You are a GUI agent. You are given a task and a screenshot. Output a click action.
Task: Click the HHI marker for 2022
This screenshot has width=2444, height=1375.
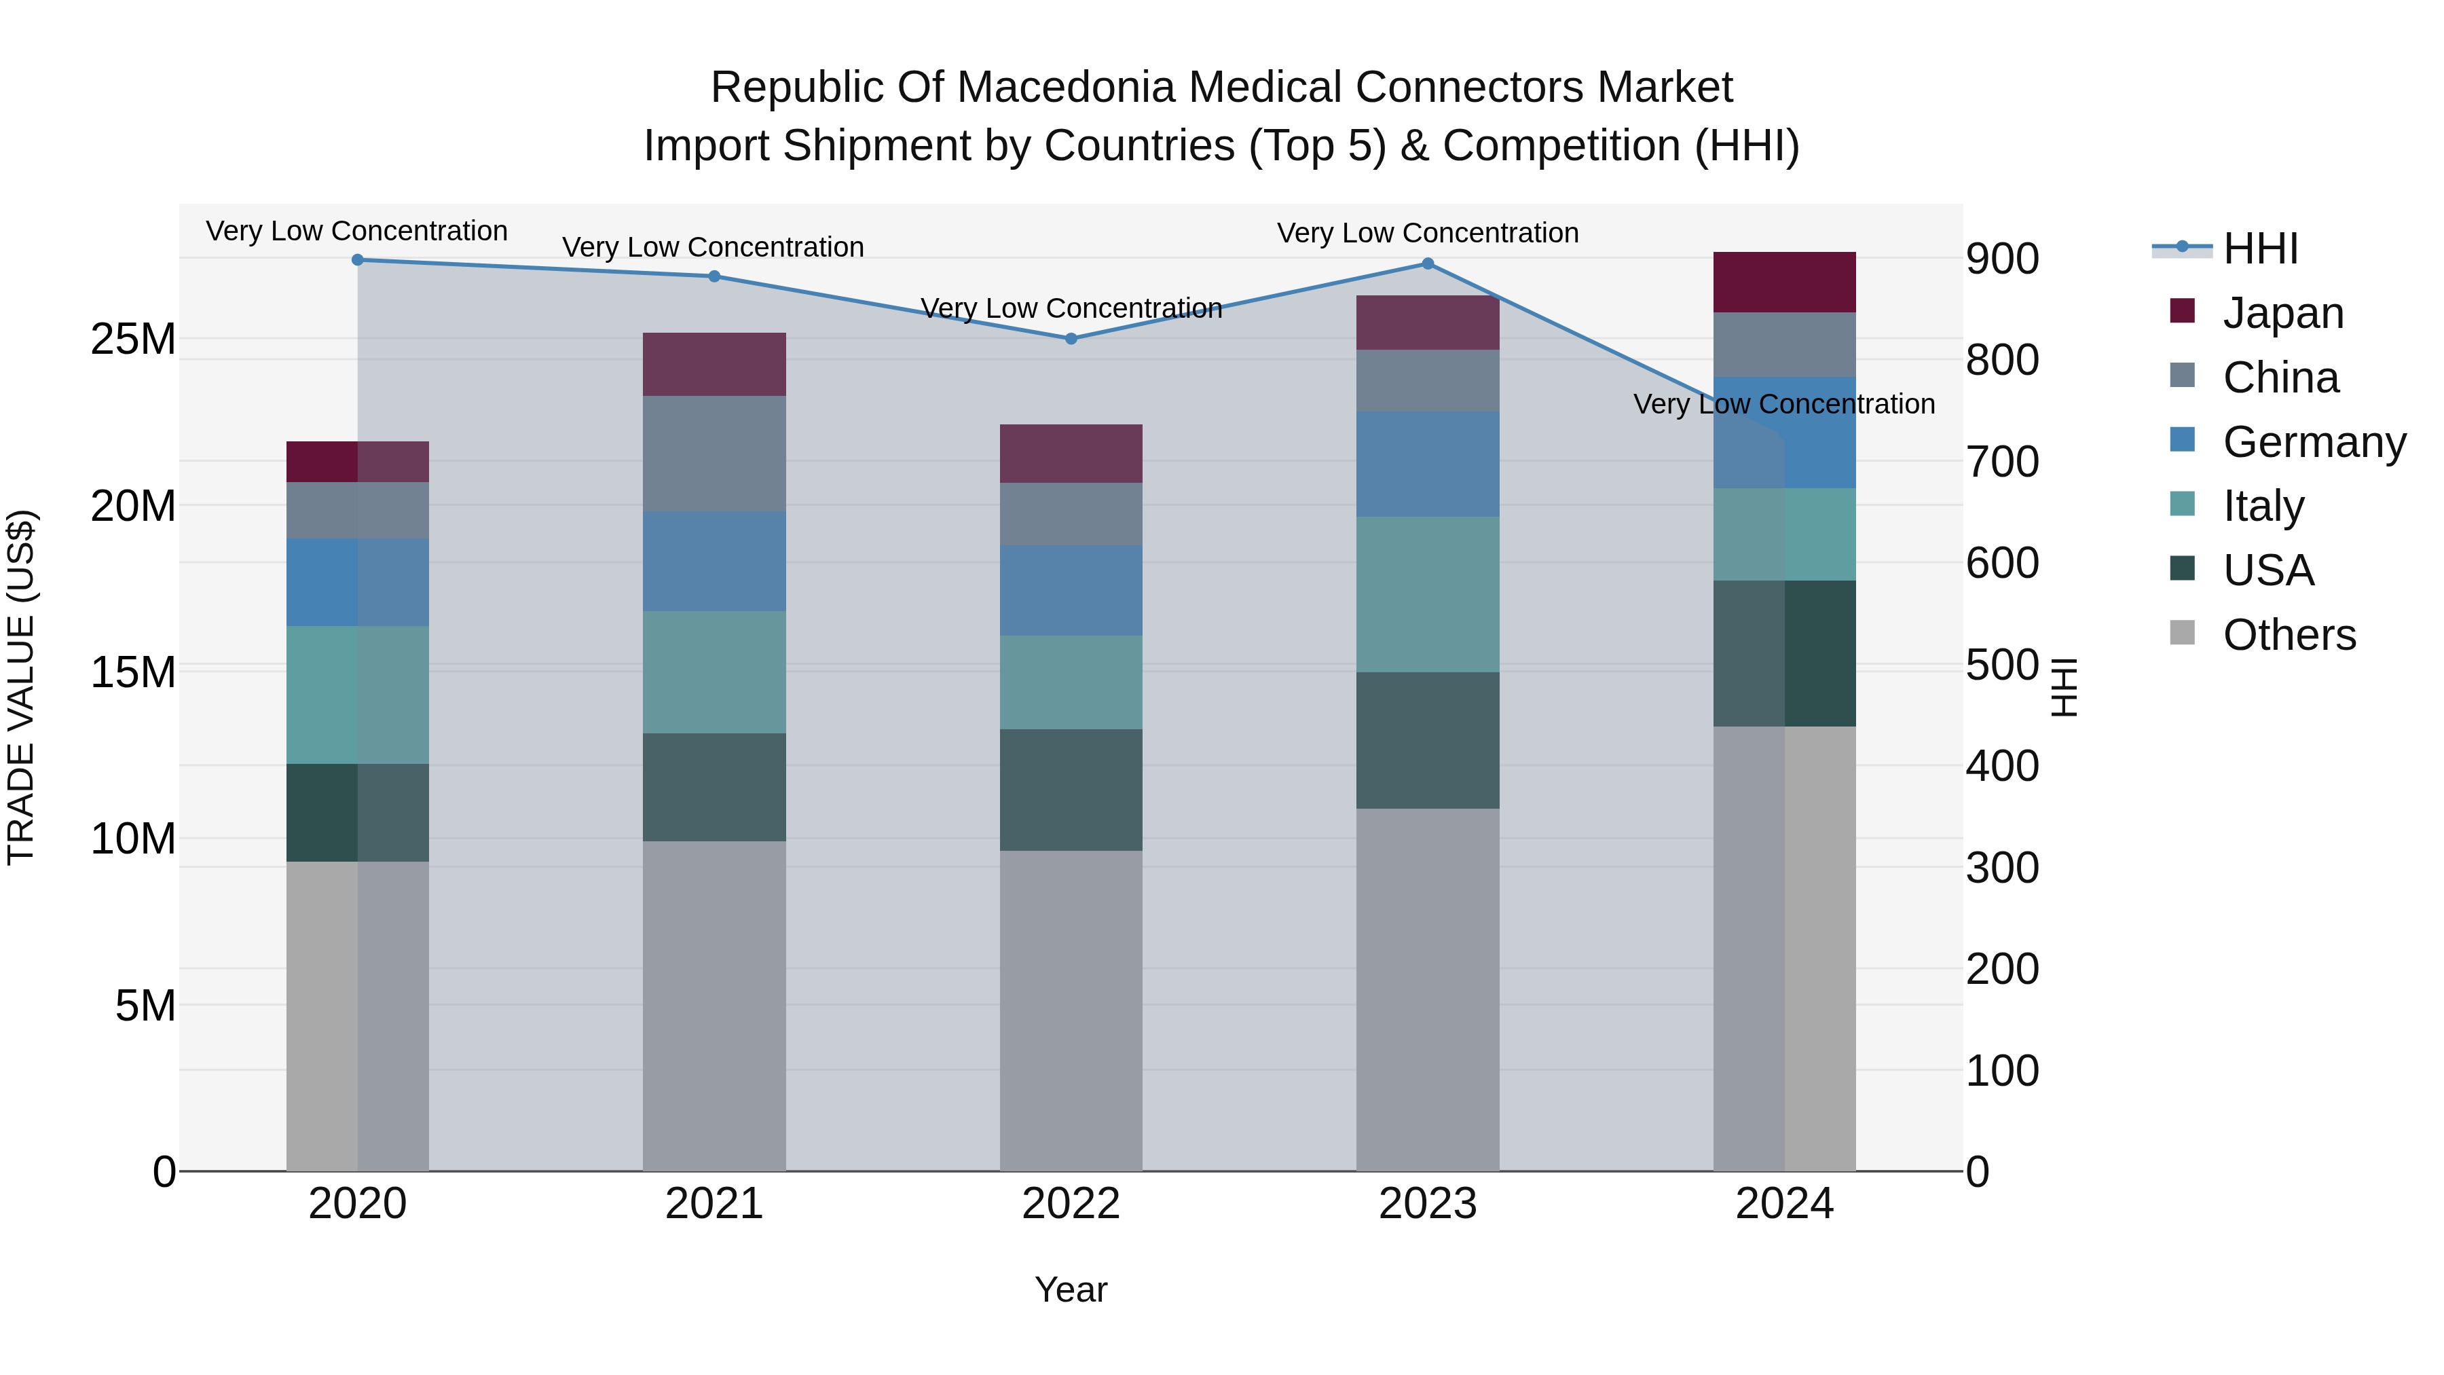[x=1071, y=339]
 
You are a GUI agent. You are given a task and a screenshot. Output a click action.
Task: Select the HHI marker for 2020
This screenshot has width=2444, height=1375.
[x=358, y=260]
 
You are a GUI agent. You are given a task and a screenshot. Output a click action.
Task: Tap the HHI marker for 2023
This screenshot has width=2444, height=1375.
[x=1428, y=264]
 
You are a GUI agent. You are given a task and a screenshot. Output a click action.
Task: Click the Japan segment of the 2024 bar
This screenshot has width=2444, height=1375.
[x=1785, y=282]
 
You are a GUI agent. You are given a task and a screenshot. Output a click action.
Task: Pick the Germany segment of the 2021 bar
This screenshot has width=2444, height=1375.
[x=714, y=561]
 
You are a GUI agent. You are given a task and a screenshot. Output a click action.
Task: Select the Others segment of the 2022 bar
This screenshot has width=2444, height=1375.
[x=1071, y=1010]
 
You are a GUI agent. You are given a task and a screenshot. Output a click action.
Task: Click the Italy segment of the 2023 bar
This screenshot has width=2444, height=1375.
[x=1428, y=594]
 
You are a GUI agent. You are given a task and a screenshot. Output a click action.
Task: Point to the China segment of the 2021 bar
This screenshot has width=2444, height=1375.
[x=714, y=454]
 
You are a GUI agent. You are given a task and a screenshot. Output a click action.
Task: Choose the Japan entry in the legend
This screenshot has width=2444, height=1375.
[x=2282, y=313]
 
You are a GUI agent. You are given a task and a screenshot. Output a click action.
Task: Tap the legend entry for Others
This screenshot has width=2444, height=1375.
[x=2289, y=635]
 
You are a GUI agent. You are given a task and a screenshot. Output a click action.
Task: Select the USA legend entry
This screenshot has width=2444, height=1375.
[x=2267, y=570]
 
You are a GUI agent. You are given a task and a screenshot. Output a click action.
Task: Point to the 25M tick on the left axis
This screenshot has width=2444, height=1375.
[x=133, y=340]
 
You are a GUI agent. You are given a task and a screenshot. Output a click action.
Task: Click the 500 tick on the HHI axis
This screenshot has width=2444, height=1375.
[x=2002, y=665]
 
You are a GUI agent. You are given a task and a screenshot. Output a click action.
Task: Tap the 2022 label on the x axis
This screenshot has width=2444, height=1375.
[x=1071, y=1204]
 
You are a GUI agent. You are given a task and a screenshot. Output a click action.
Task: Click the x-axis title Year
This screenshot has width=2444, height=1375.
[x=1071, y=1289]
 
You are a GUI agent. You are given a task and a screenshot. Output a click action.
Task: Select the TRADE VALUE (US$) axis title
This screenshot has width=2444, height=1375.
[x=21, y=687]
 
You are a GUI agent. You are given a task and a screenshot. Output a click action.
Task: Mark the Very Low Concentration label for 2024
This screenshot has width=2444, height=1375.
[x=1783, y=404]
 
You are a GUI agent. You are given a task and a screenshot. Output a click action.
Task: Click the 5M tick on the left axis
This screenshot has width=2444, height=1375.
[x=145, y=1006]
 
